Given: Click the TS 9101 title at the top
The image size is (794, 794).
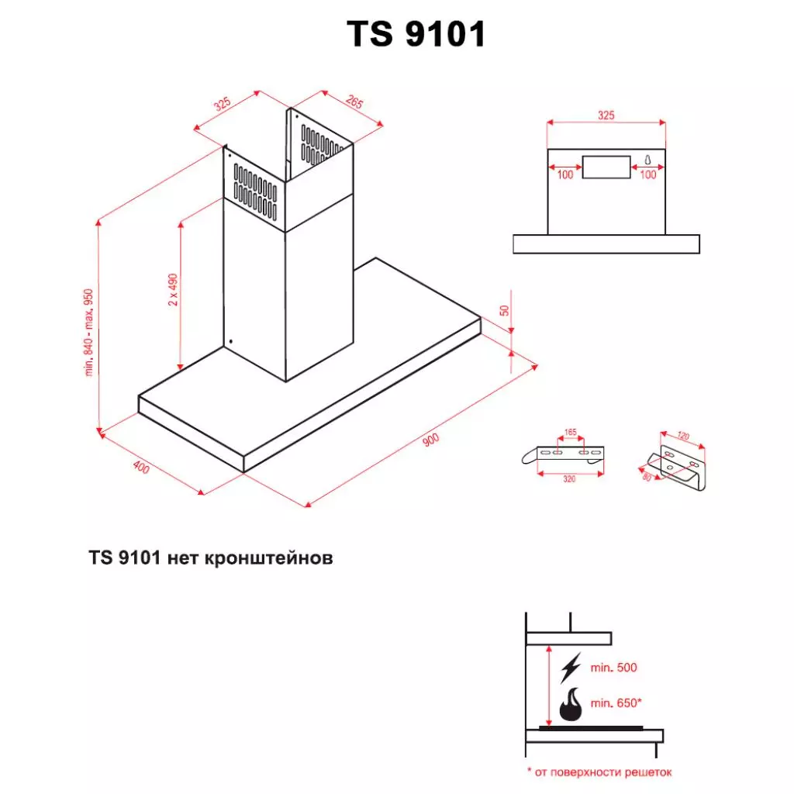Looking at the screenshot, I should tap(416, 34).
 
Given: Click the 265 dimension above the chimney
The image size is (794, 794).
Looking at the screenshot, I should tap(355, 102).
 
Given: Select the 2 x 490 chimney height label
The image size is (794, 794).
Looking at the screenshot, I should tap(174, 290).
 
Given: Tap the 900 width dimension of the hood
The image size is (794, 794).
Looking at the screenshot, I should tap(431, 441).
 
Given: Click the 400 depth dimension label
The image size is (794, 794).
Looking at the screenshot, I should tap(140, 467).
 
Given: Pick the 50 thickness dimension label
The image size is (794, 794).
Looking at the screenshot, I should tap(505, 310).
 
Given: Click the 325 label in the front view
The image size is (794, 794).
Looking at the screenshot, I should tap(606, 115).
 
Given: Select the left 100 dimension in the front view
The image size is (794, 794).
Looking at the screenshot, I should tap(565, 174).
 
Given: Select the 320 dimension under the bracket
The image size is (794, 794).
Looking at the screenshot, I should tap(569, 479).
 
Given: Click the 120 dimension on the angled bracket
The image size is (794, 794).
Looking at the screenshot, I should tap(682, 437).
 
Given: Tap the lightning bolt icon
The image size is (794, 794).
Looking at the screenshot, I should tap(571, 667).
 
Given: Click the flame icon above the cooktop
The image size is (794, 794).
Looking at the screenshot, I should tap(571, 706).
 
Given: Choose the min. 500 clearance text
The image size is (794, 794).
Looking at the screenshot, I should tap(614, 668).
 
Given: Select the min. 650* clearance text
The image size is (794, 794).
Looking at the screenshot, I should tap(616, 703).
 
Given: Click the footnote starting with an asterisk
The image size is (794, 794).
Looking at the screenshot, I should tap(599, 772).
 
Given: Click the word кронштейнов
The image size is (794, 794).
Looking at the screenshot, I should tap(271, 558).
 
